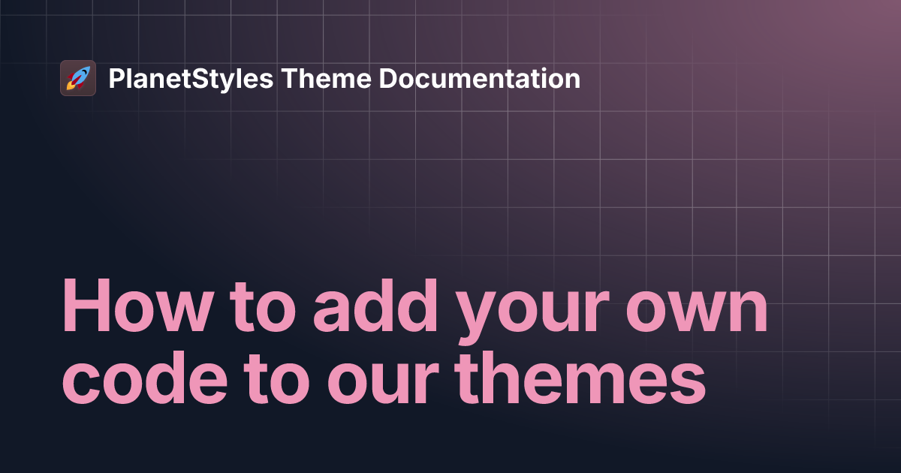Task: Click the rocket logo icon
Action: pos(78,78)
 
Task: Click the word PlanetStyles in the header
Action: pos(191,79)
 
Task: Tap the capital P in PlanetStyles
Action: pos(116,79)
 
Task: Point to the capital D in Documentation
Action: pos(388,79)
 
